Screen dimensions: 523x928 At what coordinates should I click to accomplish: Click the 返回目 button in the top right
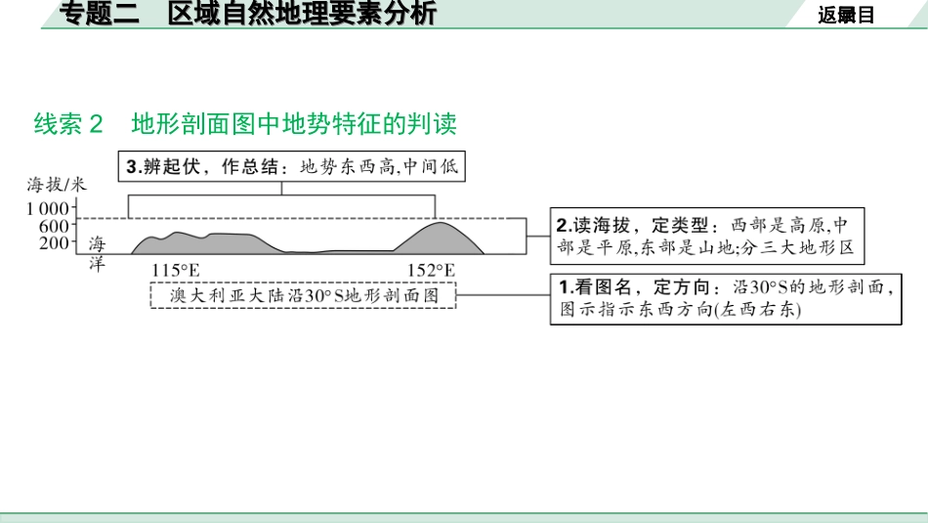point(846,14)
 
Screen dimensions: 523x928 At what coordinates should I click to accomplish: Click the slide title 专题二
point(100,14)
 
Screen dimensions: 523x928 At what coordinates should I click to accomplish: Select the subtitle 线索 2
point(67,124)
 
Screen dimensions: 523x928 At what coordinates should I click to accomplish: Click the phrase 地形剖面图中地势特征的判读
point(294,124)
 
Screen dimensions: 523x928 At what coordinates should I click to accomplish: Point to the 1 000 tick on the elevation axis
point(48,207)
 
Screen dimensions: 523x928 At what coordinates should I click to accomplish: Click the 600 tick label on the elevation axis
point(55,226)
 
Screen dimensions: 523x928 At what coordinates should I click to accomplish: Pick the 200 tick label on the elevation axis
point(55,243)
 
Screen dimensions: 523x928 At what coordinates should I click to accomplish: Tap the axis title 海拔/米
point(57,184)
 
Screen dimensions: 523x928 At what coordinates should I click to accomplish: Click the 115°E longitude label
point(176,270)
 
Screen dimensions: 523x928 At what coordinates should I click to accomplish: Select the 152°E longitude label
point(431,270)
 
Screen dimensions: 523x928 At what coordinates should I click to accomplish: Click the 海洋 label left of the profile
point(97,252)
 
